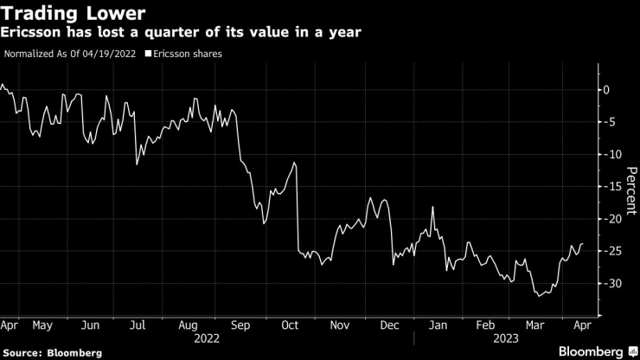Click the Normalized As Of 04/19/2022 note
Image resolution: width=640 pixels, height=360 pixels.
[70, 54]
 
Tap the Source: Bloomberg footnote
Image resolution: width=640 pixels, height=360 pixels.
[53, 352]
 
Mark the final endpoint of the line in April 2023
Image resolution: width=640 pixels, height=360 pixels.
[582, 244]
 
